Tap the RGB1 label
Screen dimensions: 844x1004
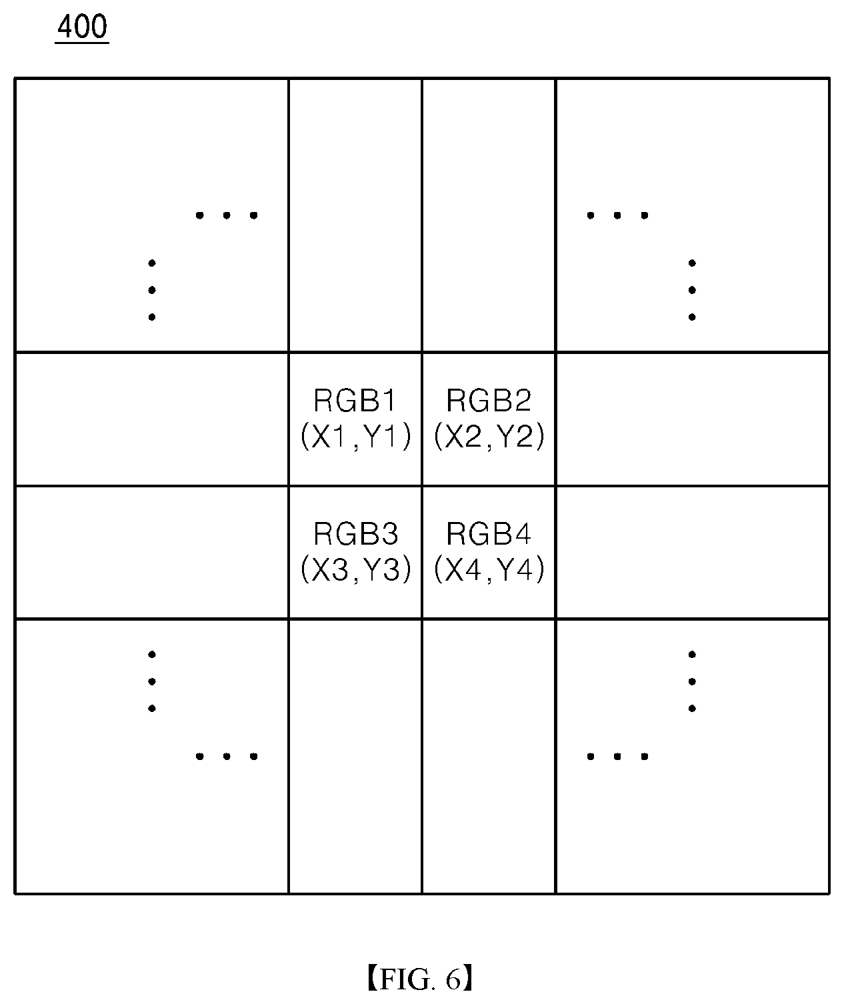tap(355, 400)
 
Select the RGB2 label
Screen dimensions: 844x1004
tap(489, 400)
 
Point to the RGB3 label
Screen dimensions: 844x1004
tap(356, 533)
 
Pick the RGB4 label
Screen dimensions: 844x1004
tap(489, 533)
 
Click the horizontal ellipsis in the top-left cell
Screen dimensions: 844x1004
tap(227, 215)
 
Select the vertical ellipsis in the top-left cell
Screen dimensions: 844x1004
tap(152, 290)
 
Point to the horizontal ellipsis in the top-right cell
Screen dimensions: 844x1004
tap(617, 215)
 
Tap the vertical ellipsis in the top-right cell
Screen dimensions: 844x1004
tap(692, 290)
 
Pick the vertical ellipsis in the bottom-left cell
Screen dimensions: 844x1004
tap(152, 681)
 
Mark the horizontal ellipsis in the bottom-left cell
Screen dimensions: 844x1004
tap(227, 757)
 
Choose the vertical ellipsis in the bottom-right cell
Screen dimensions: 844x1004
tap(692, 681)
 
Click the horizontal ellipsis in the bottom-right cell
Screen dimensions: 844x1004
tap(617, 757)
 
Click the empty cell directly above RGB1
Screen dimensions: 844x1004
tap(355, 215)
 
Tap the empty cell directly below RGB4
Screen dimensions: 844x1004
tap(489, 756)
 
